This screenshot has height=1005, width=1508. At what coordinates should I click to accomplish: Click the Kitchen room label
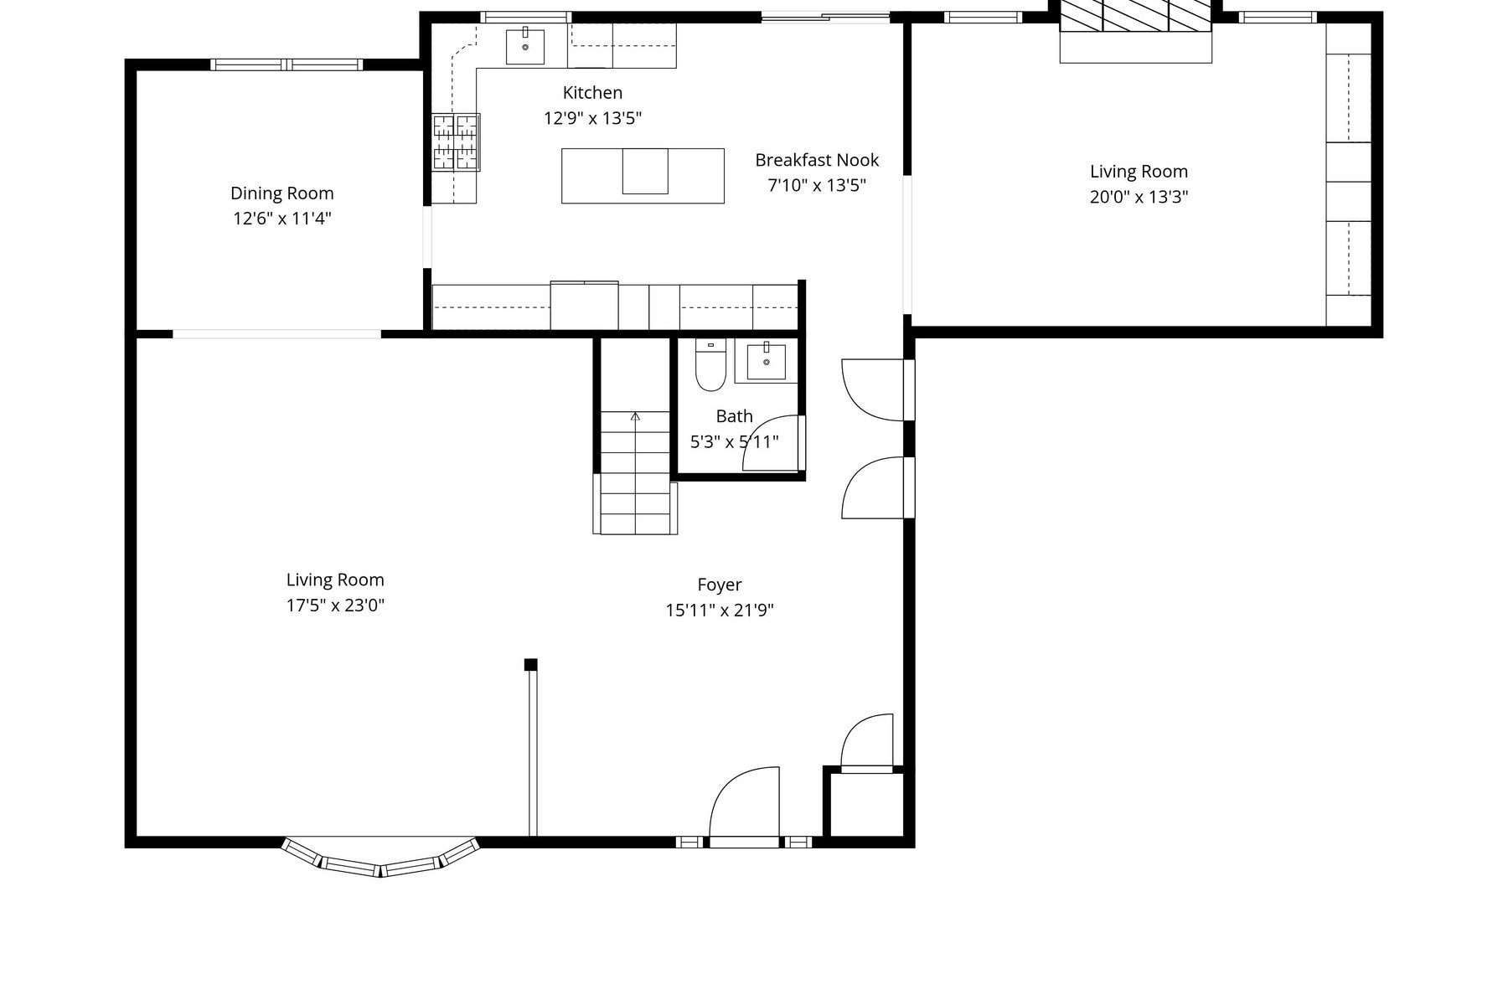point(592,93)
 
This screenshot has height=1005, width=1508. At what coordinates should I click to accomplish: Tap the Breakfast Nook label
point(817,160)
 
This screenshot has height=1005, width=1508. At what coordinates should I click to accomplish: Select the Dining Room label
point(281,193)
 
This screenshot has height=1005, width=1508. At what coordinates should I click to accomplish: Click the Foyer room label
point(720,585)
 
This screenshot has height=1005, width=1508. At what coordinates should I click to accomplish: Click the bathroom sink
point(766,361)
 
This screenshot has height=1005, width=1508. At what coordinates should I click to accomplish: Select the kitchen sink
point(525,47)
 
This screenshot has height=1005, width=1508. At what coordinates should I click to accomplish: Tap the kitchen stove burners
point(456,142)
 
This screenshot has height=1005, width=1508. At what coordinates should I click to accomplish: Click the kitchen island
point(643,176)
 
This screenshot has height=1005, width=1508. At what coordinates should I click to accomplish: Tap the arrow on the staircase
point(635,416)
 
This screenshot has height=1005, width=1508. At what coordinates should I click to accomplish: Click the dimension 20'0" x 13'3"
point(1139,198)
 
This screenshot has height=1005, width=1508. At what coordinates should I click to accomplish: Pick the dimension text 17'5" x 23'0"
point(335,606)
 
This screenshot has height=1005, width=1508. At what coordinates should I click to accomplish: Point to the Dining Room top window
point(286,64)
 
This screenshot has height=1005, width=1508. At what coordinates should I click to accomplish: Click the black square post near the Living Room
point(530,665)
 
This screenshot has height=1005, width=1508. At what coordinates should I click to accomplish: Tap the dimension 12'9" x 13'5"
point(592,118)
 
